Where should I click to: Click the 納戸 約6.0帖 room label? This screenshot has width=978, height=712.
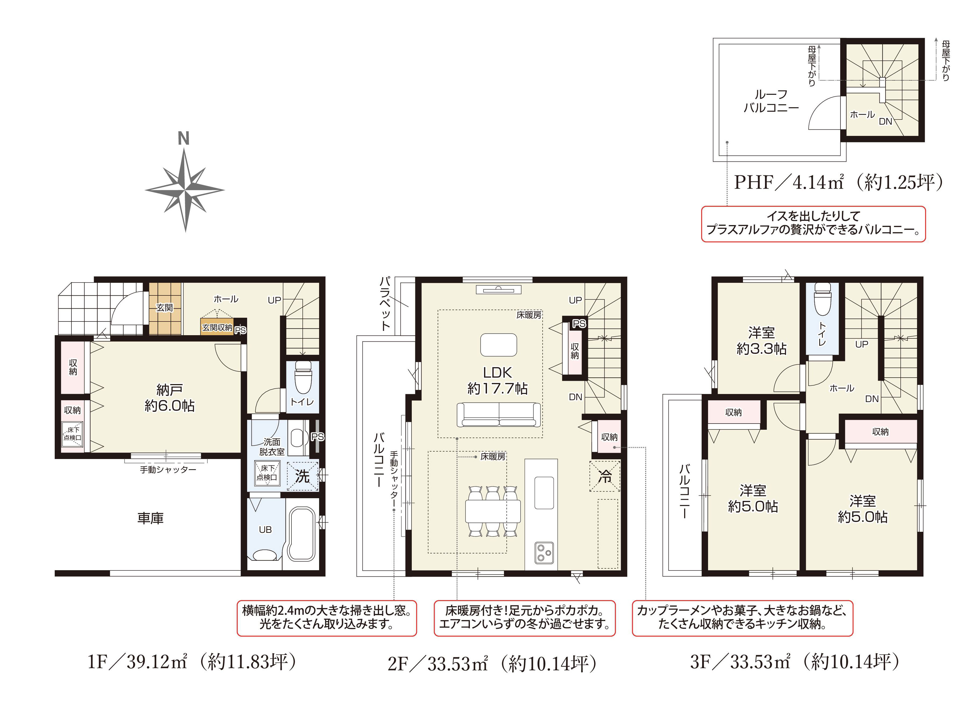pyautogui.click(x=169, y=397)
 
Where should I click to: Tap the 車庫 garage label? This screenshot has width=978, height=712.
pyautogui.click(x=150, y=518)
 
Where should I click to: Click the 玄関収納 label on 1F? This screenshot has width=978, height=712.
pyautogui.click(x=217, y=327)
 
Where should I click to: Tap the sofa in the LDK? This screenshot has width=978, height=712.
pyautogui.click(x=499, y=414)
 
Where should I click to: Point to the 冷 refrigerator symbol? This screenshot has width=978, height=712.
pyautogui.click(x=605, y=476)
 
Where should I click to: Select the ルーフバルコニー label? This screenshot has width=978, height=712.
pyautogui.click(x=771, y=101)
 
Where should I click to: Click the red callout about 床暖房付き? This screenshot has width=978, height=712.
pyautogui.click(x=524, y=618)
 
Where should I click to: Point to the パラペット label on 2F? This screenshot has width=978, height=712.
pyautogui.click(x=385, y=303)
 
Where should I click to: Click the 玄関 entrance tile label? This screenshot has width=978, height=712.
pyautogui.click(x=164, y=308)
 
